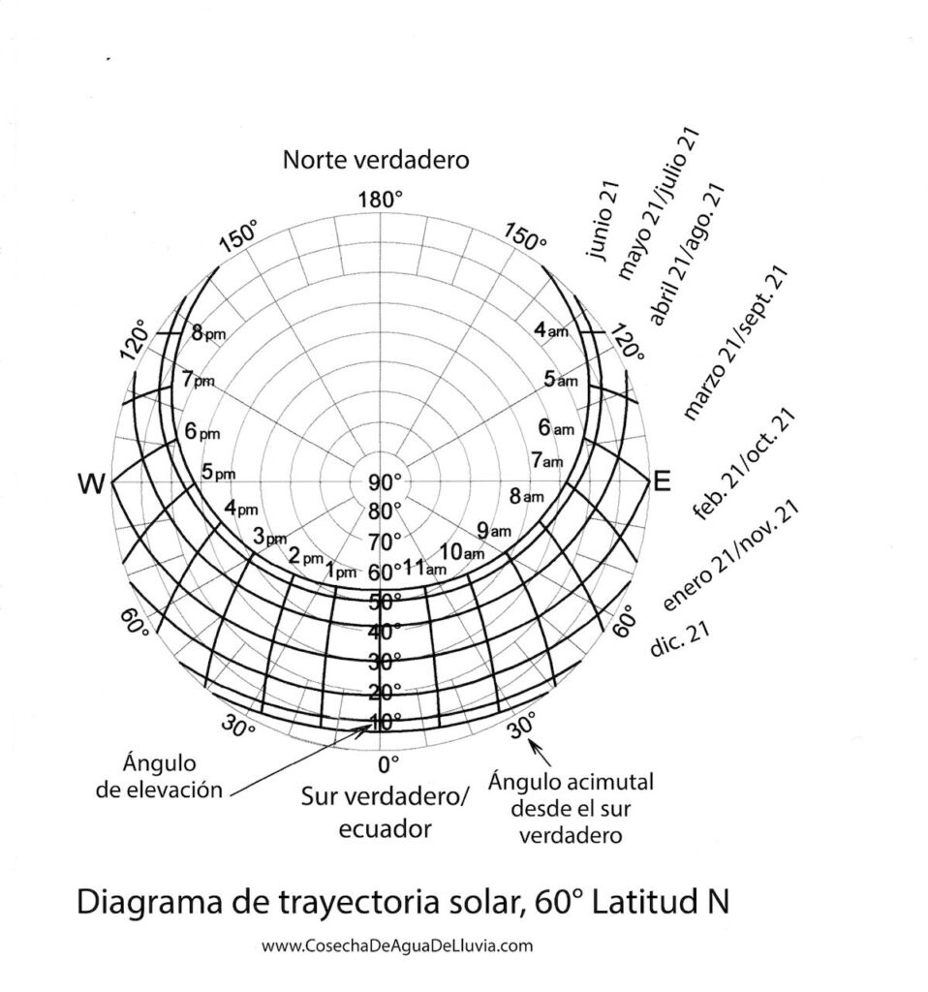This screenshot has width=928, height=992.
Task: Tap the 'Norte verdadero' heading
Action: click(375, 161)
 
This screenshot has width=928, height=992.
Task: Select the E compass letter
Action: click(662, 481)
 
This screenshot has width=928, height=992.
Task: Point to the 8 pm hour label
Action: click(207, 334)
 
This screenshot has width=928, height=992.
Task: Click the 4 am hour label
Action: click(551, 330)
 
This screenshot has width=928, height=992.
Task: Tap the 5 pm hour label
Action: click(218, 473)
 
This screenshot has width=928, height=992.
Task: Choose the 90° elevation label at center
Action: click(385, 483)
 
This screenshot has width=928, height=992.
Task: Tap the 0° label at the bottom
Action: click(387, 764)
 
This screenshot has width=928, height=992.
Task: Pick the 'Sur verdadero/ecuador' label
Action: click(385, 812)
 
